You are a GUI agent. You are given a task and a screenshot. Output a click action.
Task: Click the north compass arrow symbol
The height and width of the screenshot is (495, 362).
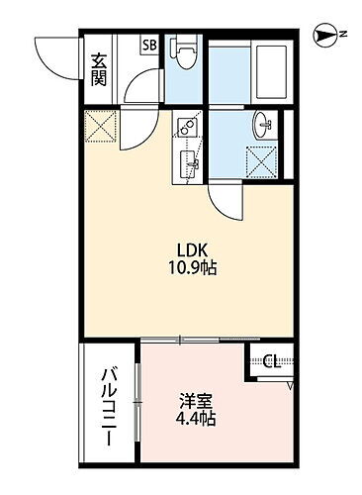point(323,36)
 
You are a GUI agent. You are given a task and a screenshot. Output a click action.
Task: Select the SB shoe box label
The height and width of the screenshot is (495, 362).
point(149,45)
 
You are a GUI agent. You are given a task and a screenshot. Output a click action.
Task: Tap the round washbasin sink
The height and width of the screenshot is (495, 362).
point(262,126)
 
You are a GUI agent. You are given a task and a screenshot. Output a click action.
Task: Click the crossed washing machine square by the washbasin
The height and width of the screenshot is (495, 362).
point(261,160)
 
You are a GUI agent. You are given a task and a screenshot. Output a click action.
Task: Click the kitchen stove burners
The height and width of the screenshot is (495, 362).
point(186,128)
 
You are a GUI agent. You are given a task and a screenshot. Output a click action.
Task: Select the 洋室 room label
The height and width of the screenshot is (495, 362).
point(196,402)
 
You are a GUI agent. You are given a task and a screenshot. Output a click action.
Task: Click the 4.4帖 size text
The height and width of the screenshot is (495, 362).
point(196,420)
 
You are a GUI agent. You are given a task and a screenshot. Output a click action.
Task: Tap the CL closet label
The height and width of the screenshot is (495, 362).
point(273,361)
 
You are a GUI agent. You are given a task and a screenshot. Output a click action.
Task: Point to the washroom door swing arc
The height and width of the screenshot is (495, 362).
point(226,203)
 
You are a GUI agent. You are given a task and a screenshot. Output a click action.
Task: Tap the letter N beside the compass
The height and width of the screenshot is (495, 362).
point(343,36)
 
